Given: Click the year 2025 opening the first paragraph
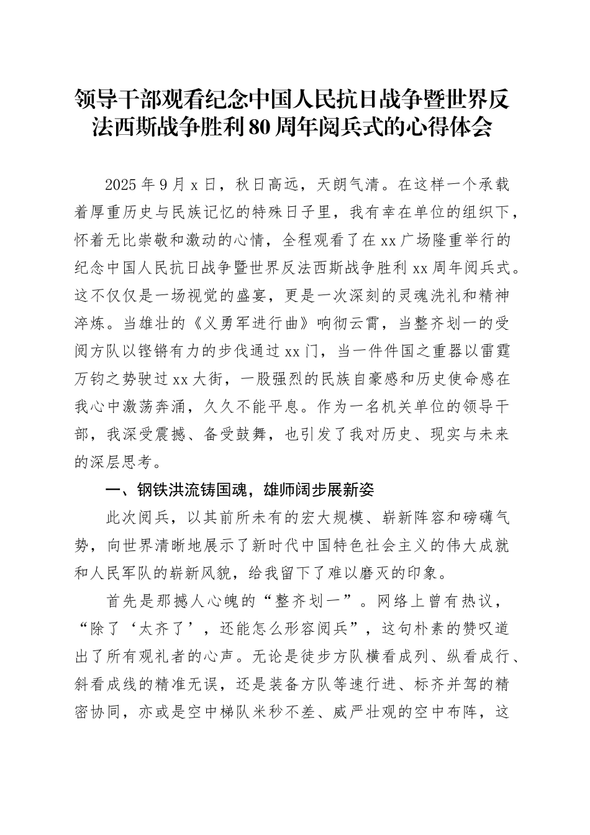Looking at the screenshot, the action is [x=122, y=185].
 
